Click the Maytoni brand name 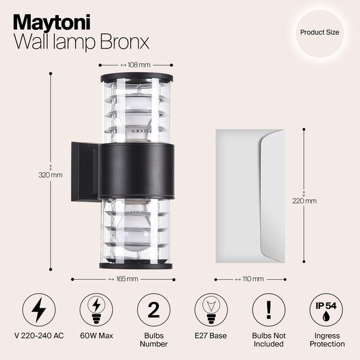(x=52, y=21)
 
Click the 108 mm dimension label (x=136, y=64)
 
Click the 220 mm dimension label (x=306, y=201)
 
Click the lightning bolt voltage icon (x=39, y=310)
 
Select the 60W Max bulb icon (x=96, y=310)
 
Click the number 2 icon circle (x=153, y=310)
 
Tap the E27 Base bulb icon (x=211, y=310)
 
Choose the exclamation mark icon (x=268, y=310)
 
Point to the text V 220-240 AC (x=39, y=335)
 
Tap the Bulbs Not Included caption (x=268, y=340)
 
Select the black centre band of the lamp (x=136, y=171)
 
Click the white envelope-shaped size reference (x=249, y=196)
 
